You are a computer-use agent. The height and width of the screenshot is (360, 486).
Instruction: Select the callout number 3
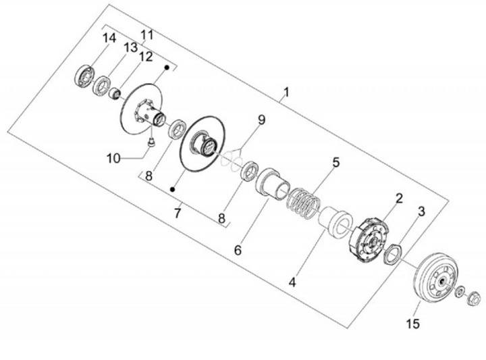[x=421, y=211]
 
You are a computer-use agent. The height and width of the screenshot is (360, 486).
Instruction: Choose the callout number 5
[x=335, y=163]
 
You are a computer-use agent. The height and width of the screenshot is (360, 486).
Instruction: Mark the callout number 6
[x=237, y=250]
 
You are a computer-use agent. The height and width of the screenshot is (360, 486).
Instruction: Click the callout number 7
[x=178, y=213]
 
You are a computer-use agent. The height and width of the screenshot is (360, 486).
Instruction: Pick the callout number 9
[x=261, y=120]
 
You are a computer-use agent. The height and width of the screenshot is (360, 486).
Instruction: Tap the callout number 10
[x=113, y=158]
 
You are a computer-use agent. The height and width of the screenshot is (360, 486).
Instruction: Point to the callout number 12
[x=146, y=57]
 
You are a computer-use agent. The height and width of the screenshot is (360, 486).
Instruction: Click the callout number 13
[x=130, y=47]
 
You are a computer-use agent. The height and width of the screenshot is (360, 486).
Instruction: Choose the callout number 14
[x=109, y=38]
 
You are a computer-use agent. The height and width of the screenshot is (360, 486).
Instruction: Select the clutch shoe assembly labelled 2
[x=370, y=236]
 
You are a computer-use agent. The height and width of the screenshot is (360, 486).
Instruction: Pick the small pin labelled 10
[x=152, y=140]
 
